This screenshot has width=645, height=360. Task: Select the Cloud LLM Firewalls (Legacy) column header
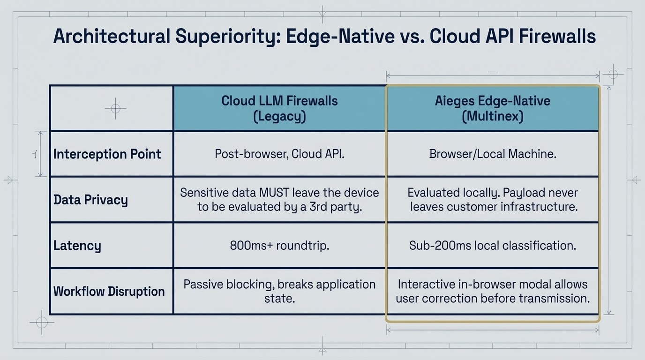coord(279,108)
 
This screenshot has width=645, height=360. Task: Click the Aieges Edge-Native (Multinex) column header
coord(492,108)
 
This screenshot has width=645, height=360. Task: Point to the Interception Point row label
coord(107,154)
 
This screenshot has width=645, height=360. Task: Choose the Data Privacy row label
coord(90,200)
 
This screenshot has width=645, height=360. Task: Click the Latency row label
coord(77,246)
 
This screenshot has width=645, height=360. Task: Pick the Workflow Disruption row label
coord(109,291)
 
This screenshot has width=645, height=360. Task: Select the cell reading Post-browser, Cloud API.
coord(279,154)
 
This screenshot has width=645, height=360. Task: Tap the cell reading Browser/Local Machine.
coord(492,154)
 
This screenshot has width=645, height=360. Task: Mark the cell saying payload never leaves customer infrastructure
coord(492,200)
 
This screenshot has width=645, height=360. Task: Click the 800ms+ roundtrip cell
coord(279,246)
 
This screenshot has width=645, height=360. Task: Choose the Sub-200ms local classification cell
coord(492,246)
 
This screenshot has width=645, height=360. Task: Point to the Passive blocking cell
coord(279,291)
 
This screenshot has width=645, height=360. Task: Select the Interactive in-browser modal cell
coord(492,291)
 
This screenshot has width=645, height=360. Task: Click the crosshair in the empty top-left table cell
coord(115,109)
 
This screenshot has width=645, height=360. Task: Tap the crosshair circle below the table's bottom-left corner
coord(42,322)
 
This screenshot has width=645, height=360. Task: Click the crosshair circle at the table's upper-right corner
coord(613,75)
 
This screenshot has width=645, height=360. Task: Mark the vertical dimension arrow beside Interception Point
coord(40,154)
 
